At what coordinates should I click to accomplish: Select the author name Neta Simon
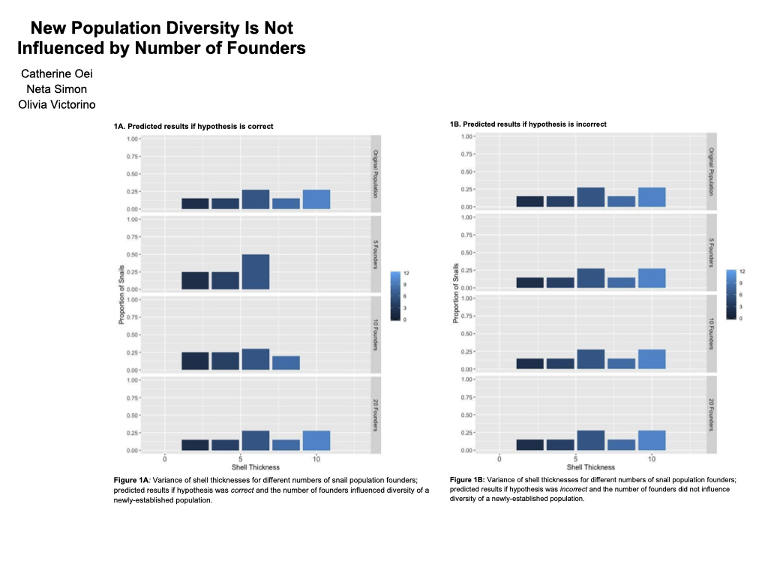tap(57, 88)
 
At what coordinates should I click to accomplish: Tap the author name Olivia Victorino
tap(57, 104)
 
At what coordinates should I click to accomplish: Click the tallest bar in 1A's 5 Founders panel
tap(255, 271)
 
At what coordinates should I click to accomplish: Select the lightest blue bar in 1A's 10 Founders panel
tap(286, 362)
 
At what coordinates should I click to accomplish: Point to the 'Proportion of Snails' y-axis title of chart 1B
tap(455, 293)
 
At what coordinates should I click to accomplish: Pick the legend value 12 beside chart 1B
tap(742, 271)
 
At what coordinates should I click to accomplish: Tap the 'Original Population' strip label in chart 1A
tap(376, 173)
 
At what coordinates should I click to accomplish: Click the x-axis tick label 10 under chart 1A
tap(316, 458)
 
